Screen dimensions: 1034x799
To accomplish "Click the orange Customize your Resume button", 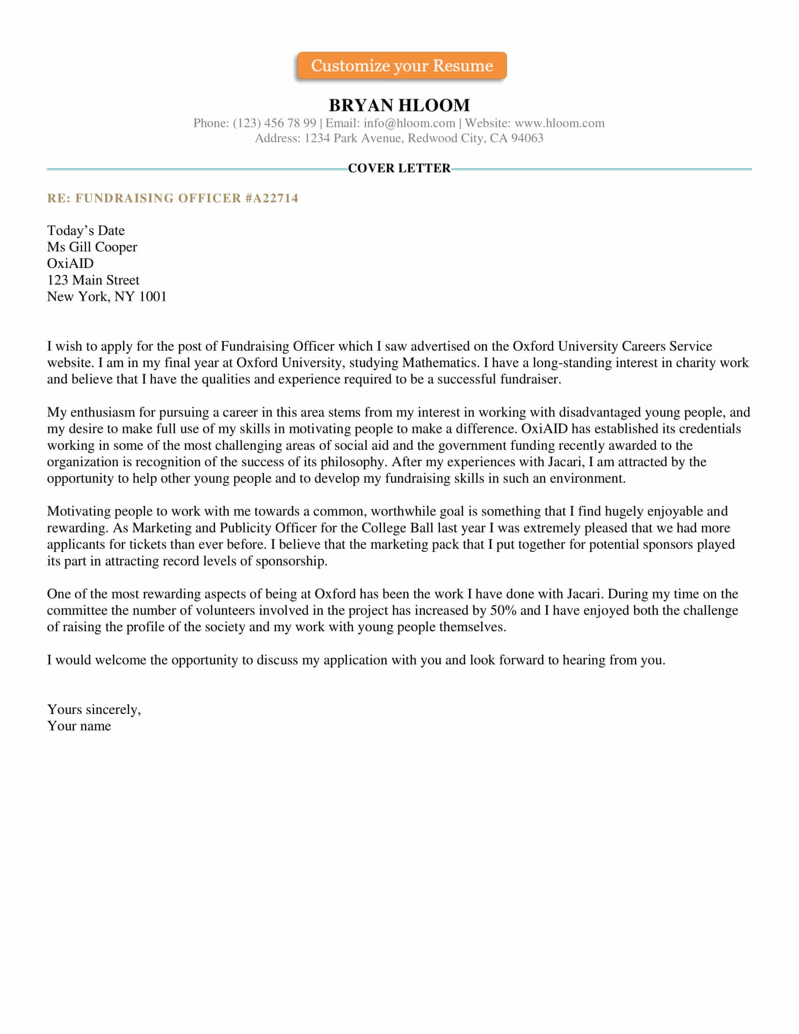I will click(401, 65).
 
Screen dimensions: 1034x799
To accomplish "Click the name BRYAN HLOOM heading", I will click(399, 105).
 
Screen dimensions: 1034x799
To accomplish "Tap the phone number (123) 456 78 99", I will click(274, 123).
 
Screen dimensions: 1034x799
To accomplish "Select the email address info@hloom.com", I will click(409, 123).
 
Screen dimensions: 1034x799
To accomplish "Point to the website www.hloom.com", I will click(559, 123).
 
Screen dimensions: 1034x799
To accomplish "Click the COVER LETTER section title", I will click(399, 168).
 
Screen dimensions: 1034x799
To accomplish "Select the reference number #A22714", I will click(272, 198).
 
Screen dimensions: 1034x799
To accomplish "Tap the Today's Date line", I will click(86, 231).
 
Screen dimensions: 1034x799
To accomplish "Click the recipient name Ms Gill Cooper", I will click(92, 247).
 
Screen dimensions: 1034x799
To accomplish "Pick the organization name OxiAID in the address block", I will click(70, 263).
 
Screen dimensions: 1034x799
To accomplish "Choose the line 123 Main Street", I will click(93, 280).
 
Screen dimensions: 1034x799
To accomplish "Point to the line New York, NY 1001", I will click(107, 297).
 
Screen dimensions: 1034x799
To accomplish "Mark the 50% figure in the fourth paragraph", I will click(503, 610).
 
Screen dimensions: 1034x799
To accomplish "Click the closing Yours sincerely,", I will click(94, 709).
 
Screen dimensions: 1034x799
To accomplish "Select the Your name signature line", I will click(79, 726).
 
